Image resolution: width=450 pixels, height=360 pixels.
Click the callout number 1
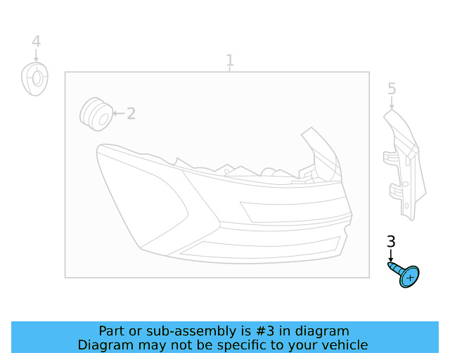229,60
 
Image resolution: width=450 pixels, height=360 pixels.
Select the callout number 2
131,113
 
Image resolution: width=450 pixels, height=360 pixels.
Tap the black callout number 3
392,243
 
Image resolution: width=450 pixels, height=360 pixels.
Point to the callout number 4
36,42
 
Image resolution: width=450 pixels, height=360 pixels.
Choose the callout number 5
392,89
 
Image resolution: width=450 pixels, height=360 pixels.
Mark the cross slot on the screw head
409,278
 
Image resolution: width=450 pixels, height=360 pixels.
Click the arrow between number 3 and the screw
392,256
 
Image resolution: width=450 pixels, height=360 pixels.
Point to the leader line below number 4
36,56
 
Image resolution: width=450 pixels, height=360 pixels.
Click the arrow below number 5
392,103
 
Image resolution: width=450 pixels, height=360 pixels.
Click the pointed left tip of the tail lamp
98,148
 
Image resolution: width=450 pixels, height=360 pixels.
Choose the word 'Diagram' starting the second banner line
103,345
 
